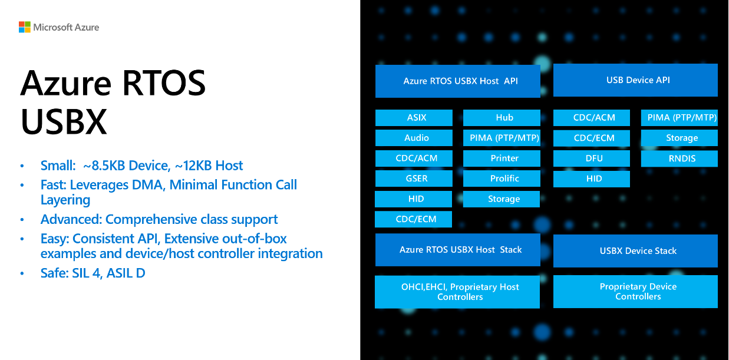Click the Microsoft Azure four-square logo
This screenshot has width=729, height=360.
24,27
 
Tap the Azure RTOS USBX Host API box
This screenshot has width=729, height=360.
458,81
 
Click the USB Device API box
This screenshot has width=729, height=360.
635,80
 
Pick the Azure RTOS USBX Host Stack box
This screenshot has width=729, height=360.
458,250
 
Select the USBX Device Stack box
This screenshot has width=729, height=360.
635,251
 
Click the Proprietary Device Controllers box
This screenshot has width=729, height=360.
635,292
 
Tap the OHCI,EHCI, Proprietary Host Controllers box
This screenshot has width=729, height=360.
457,292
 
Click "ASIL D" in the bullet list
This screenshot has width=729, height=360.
126,273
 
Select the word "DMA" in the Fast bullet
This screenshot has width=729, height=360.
150,185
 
